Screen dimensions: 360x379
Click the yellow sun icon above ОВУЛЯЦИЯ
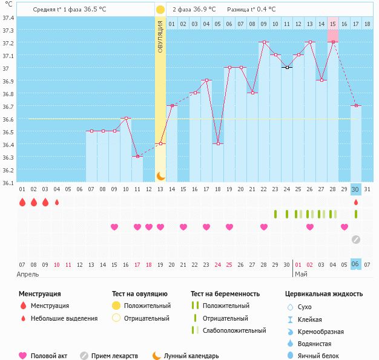160,10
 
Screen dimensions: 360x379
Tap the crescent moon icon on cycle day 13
160,175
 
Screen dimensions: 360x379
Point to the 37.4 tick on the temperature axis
8,18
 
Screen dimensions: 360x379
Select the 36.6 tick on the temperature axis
8,119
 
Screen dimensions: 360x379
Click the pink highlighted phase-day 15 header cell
333,24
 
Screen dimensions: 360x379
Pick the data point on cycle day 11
137,156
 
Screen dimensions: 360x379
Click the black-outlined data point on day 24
287,67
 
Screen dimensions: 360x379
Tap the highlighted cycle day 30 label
356,189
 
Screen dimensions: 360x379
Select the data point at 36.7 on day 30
356,106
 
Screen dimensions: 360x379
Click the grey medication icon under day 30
356,239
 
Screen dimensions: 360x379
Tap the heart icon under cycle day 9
114,227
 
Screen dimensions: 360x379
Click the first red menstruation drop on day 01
22,202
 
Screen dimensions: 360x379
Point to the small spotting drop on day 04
57,203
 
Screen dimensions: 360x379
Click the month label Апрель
28,274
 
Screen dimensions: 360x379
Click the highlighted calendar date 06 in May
356,264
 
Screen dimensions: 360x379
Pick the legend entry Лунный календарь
191,356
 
